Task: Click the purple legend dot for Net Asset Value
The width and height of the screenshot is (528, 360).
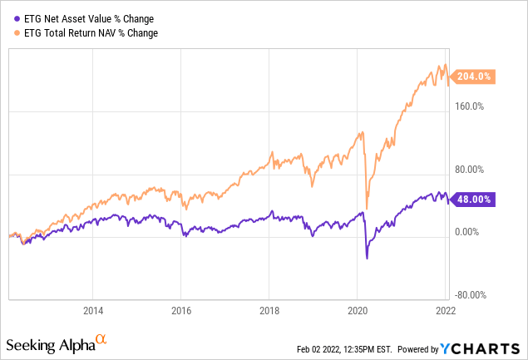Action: click(11, 18)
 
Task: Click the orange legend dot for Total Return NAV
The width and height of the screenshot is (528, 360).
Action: click(11, 33)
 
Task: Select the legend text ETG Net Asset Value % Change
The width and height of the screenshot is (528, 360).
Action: click(82, 18)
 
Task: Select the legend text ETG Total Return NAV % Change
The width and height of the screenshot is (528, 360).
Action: click(87, 33)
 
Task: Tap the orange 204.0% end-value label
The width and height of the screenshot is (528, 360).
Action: click(474, 76)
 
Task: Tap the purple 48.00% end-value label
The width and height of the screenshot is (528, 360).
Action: click(474, 200)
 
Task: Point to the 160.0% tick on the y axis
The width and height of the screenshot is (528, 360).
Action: click(470, 106)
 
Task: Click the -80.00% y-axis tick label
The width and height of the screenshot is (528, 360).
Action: click(470, 294)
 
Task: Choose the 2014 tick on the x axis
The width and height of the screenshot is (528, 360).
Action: click(93, 311)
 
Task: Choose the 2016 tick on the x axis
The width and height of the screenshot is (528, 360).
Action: click(181, 311)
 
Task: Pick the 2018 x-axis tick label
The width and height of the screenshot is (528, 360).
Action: click(269, 311)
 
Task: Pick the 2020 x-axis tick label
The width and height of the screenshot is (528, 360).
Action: click(357, 311)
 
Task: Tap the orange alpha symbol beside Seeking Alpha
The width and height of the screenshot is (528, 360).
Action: click(101, 339)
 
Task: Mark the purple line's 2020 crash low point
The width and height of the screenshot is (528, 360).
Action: click(368, 259)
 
